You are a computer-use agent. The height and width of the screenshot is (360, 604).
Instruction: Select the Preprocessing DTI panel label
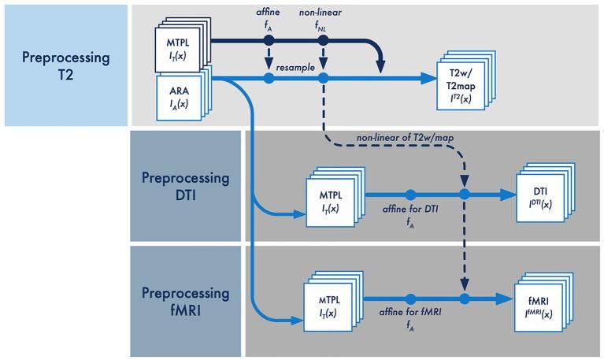[186, 187]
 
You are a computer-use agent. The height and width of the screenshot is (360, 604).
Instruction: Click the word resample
[296, 68]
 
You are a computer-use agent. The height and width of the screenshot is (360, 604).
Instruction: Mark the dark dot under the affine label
[269, 40]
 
